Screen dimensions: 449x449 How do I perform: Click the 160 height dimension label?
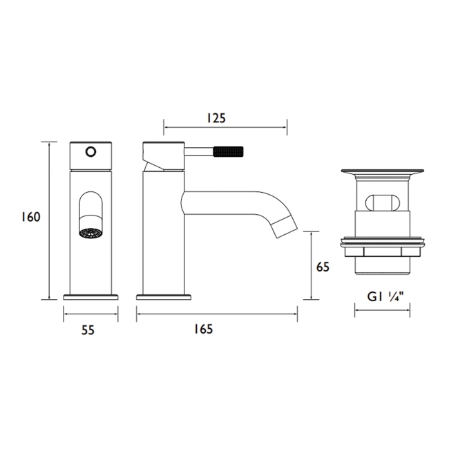31,217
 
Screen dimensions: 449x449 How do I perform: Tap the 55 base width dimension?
88,330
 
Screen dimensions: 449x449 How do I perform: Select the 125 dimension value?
216,118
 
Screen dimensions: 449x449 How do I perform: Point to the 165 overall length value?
203,329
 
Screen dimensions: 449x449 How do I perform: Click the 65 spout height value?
323,267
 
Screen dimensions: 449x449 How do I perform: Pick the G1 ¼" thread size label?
385,296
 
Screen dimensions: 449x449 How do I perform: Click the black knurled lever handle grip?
228,151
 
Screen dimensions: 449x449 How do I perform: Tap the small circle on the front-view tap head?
90,151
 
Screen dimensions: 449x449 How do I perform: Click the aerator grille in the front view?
90,233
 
